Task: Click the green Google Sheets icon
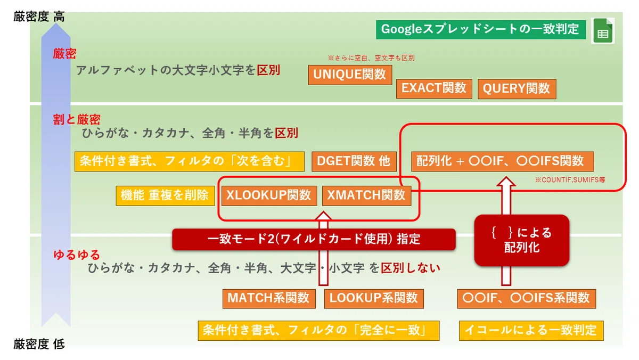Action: [603, 30]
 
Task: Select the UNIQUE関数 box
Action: [350, 75]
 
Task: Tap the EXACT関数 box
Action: [434, 88]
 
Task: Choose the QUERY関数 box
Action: [517, 89]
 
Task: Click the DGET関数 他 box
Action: [354, 161]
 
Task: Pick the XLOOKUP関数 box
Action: [269, 195]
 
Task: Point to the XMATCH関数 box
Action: [366, 195]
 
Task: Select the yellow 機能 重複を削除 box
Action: [165, 195]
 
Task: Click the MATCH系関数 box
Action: [269, 299]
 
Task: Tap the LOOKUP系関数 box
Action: [374, 299]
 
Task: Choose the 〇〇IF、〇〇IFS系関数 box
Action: [526, 299]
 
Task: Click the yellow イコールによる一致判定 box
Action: [531, 331]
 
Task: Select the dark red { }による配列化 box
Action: [522, 241]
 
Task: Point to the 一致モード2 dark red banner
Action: [314, 239]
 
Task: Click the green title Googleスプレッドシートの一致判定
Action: [481, 29]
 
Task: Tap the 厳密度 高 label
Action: [39, 17]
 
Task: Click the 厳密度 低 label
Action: [39, 345]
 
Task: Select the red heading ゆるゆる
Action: [77, 255]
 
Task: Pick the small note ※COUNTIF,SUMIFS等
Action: [570, 179]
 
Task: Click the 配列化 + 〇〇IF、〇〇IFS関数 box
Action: [503, 161]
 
